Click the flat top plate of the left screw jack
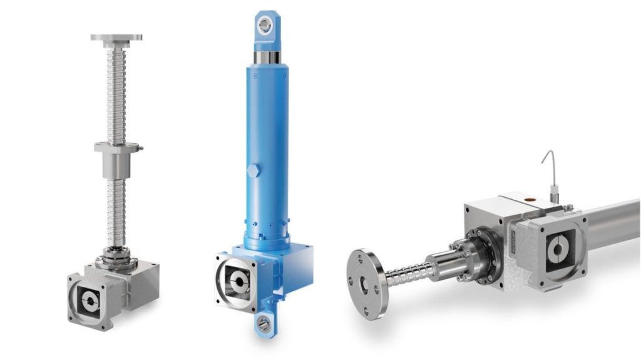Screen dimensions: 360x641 (x=116, y=38)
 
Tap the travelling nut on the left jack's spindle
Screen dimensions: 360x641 (x=116, y=160)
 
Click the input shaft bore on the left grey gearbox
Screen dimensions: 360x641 (x=90, y=301)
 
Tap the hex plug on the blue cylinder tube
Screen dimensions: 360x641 (x=252, y=170)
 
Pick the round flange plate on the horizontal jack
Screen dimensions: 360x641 (x=366, y=284)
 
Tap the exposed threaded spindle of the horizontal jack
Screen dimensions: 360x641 (x=408, y=272)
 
